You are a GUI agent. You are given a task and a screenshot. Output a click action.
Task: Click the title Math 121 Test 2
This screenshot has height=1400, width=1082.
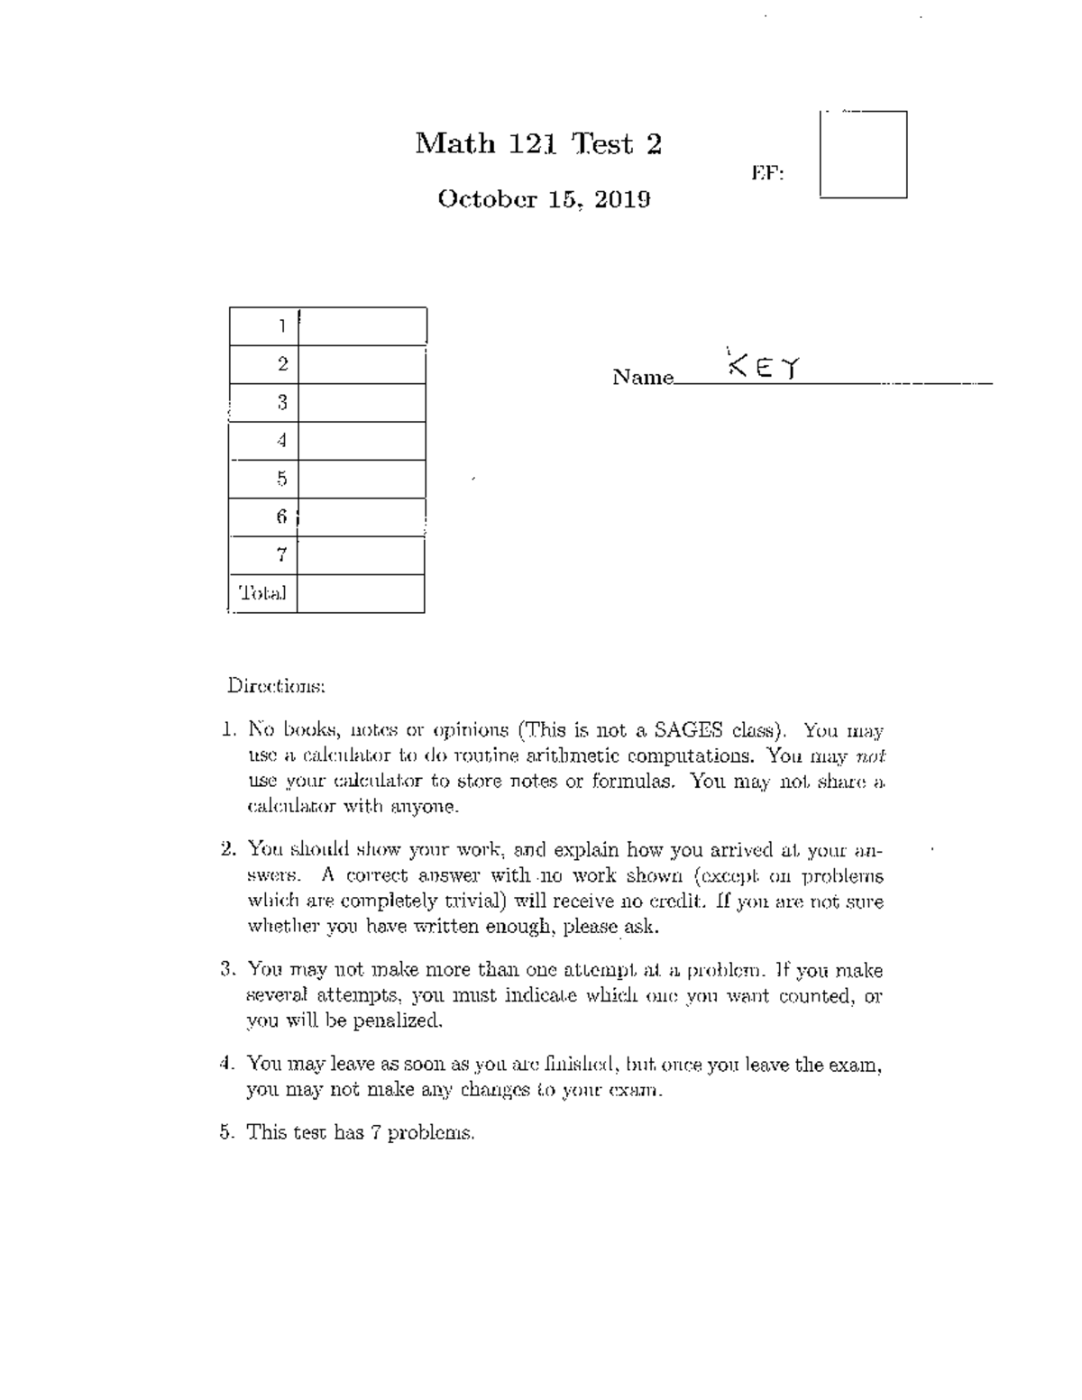coord(538,143)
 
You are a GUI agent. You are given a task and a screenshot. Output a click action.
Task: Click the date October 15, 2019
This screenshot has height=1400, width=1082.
coord(544,199)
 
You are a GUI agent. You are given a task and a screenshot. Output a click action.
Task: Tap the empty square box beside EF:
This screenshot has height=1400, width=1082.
coord(863,154)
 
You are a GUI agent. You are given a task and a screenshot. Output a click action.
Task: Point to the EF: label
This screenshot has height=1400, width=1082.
coord(767,173)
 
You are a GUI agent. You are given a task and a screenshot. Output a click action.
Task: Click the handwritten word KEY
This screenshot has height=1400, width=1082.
coord(764,367)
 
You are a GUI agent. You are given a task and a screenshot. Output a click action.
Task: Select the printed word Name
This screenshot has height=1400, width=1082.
coord(642,378)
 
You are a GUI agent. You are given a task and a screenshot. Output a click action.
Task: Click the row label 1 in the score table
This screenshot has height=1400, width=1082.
coord(282,326)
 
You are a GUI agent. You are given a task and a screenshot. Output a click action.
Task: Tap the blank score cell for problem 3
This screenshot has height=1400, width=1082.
coord(362,403)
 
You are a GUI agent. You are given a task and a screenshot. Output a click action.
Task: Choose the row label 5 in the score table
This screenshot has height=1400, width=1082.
coord(282,479)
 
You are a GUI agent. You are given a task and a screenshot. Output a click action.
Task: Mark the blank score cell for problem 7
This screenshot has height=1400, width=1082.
coord(361,555)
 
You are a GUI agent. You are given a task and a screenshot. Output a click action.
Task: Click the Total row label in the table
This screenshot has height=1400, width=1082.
coord(262,593)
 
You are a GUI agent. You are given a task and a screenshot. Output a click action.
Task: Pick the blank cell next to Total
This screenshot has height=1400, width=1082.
coord(361,594)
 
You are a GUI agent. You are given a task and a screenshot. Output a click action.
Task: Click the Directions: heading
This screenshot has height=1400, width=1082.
coord(275,686)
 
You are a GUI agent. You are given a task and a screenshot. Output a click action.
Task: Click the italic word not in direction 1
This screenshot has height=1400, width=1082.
coord(870,756)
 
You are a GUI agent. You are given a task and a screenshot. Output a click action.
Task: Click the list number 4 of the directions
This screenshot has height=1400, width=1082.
coord(225,1064)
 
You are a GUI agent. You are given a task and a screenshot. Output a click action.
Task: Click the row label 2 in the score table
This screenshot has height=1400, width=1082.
coord(282,364)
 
